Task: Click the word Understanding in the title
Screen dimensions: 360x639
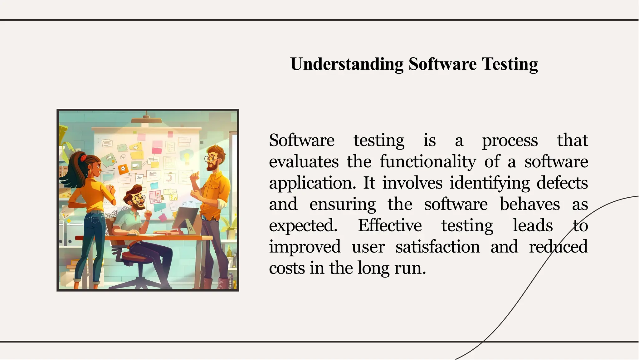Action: click(347, 64)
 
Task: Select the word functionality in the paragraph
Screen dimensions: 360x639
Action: click(428, 162)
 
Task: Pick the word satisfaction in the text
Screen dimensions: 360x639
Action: click(437, 247)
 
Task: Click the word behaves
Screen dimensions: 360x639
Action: click(529, 204)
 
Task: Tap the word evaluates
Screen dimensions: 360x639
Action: click(304, 162)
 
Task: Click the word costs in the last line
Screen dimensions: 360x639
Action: click(287, 268)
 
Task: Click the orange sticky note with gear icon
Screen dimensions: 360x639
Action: click(123, 169)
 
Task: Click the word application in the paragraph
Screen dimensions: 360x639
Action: click(312, 183)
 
